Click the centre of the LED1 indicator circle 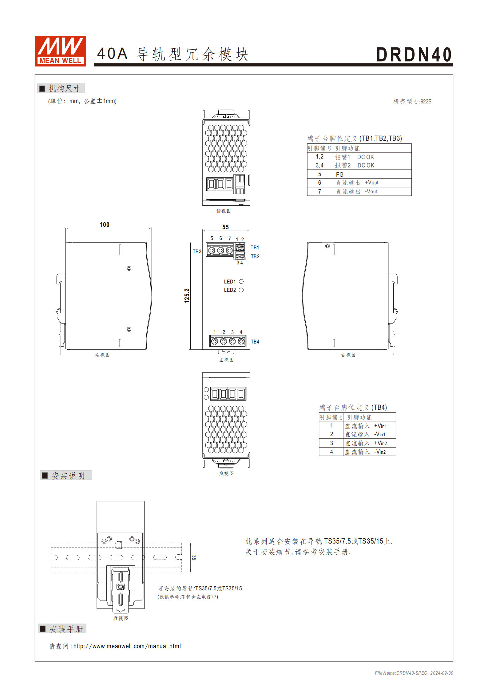pyautogui.click(x=241, y=281)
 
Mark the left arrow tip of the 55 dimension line pyautogui.click(x=202, y=231)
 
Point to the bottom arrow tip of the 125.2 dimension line pyautogui.click(x=191, y=349)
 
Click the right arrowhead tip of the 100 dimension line pyautogui.click(x=152, y=229)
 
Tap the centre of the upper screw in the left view pyautogui.click(x=129, y=268)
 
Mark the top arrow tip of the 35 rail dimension pyautogui.click(x=191, y=543)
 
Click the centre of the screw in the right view pyautogui.click(x=327, y=246)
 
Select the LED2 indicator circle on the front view pyautogui.click(x=241, y=290)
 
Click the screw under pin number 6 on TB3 pyautogui.click(x=220, y=251)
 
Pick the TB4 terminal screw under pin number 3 pyautogui.click(x=232, y=341)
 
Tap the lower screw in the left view pyautogui.click(x=129, y=329)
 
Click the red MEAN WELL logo pyautogui.click(x=60, y=51)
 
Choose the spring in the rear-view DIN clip pyautogui.click(x=121, y=587)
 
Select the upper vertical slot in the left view pyautogui.click(x=120, y=250)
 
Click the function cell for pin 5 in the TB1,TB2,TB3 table pyautogui.click(x=372, y=174)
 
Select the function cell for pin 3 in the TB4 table pyautogui.click(x=370, y=443)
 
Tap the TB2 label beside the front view pyautogui.click(x=255, y=256)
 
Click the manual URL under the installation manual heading pyautogui.click(x=127, y=646)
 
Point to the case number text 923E pyautogui.click(x=426, y=102)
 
